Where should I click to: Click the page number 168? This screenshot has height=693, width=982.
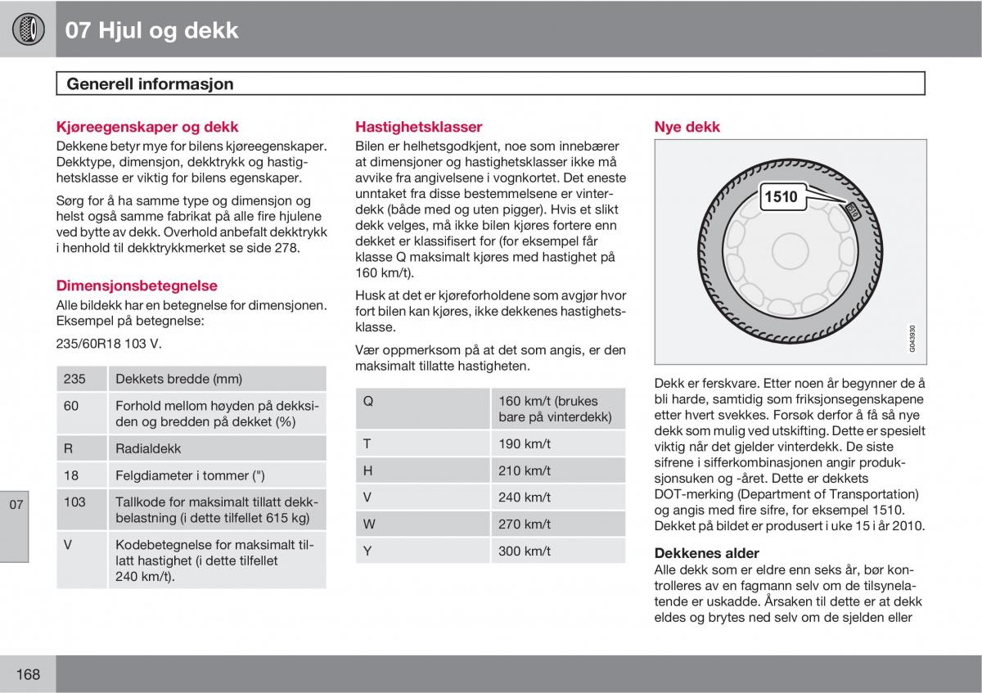pos(27,674)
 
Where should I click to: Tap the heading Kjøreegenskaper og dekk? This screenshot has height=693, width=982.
pos(147,127)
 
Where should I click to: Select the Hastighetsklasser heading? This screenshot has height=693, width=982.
pos(418,127)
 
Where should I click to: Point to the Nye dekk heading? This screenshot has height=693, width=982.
pos(687,127)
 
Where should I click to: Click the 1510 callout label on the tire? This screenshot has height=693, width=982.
pos(780,196)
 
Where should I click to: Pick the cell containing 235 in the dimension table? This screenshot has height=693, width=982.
pos(74,379)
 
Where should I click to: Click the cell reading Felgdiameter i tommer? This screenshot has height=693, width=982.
pos(190,475)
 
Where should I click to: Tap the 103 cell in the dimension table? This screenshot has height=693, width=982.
pos(74,502)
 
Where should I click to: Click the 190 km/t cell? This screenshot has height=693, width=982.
pos(525,443)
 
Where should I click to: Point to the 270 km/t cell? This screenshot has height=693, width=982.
pos(525,524)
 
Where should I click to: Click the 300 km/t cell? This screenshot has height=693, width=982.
pos(525,551)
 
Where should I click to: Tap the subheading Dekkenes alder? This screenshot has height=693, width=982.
pos(706,553)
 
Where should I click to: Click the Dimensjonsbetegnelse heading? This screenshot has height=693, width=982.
pos(137,286)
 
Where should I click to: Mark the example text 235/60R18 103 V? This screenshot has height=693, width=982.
pos(109,344)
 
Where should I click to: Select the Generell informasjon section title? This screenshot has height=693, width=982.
pos(150,83)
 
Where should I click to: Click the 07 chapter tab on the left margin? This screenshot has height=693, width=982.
pos(16,504)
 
